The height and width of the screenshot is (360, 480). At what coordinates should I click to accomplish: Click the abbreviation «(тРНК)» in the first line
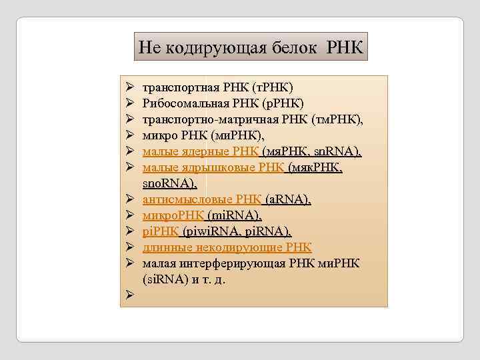click(272, 89)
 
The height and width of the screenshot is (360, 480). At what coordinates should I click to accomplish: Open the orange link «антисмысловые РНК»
click(202, 199)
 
